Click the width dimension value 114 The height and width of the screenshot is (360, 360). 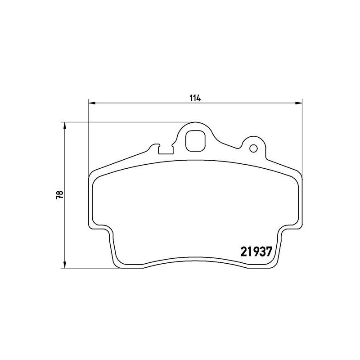pyautogui.click(x=195, y=98)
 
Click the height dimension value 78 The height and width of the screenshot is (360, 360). pyautogui.click(x=59, y=195)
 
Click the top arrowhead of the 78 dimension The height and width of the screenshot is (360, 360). pyautogui.click(x=65, y=125)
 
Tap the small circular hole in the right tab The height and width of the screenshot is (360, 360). pyautogui.click(x=253, y=148)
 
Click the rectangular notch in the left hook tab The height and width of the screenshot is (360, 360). pyautogui.click(x=166, y=149)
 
